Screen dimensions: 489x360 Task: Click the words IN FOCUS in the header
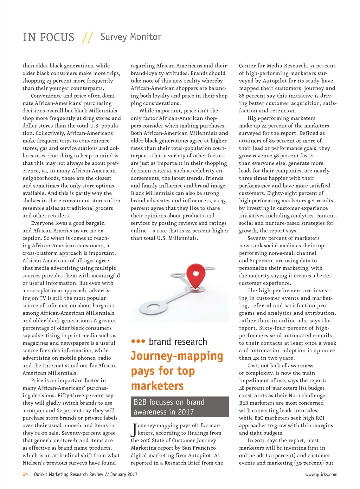coord(49,37)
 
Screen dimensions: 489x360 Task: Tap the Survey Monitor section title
coord(130,37)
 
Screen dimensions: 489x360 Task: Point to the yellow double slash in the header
coord(87,37)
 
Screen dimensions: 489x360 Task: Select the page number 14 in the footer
coord(25,474)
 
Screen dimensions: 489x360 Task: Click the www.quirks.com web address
coord(321,475)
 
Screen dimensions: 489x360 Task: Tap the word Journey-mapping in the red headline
coord(177,356)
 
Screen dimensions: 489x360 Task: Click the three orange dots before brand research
coord(138,341)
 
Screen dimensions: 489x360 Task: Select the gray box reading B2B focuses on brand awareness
coord(180,407)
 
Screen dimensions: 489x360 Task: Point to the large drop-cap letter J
coord(134,430)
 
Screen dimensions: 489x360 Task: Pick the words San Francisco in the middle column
coord(199,448)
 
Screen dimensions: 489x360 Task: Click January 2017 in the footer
coord(124,474)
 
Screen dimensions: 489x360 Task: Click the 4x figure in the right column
coord(256,358)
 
